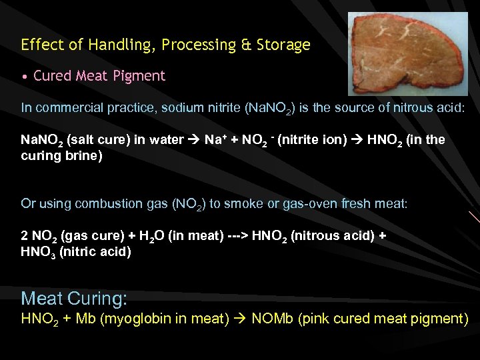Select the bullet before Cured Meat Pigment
[x=25, y=77]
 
